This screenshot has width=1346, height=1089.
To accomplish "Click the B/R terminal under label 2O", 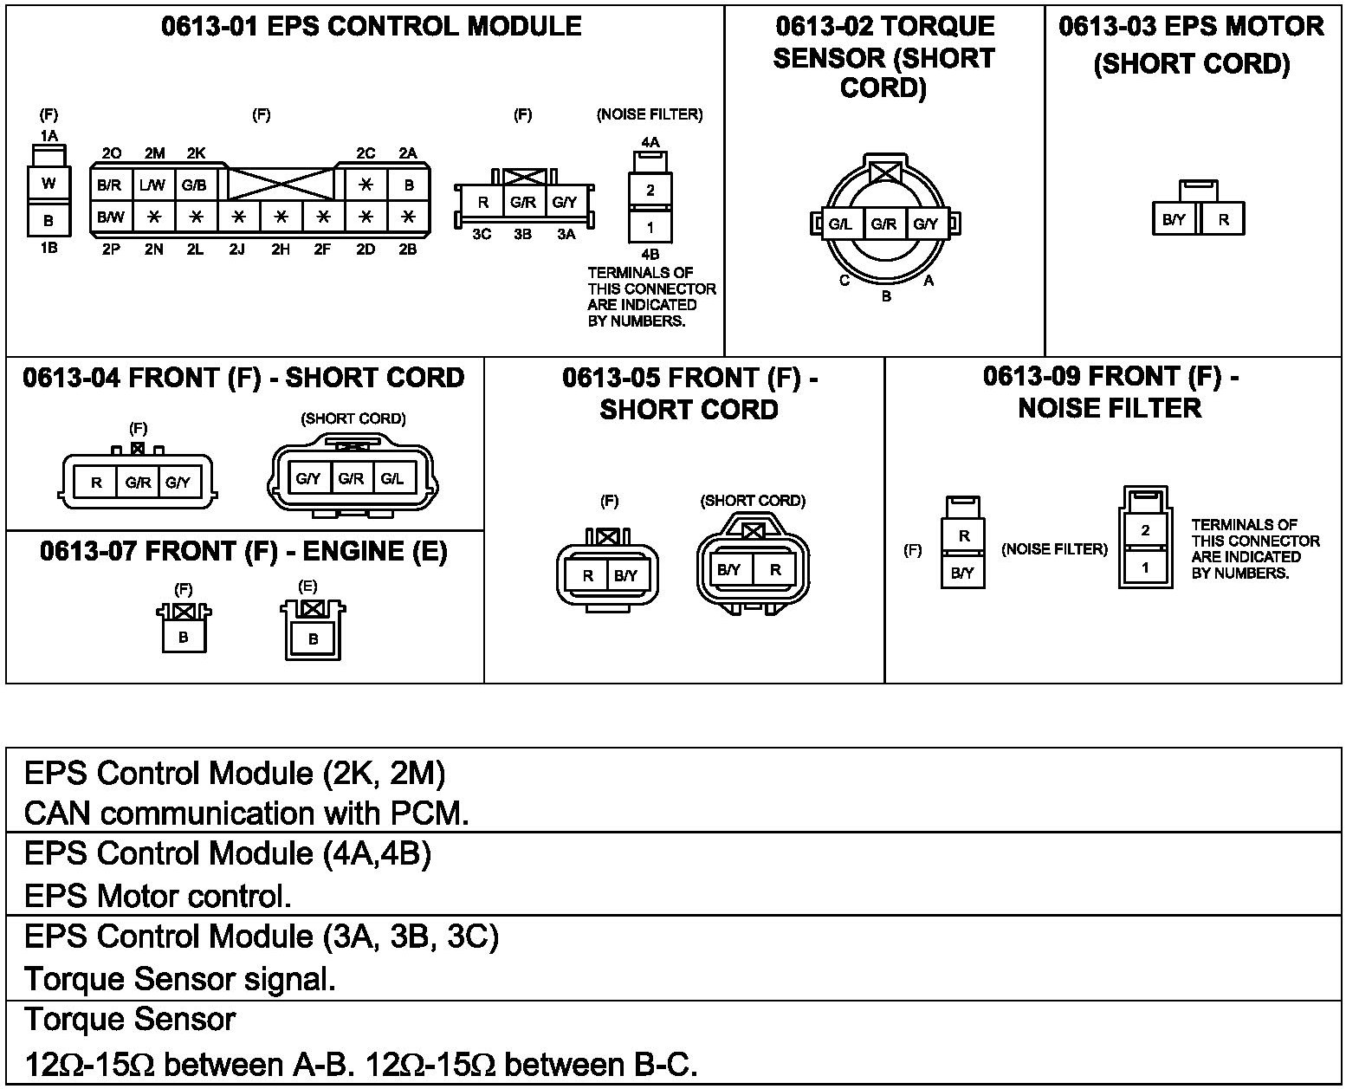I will [x=111, y=185].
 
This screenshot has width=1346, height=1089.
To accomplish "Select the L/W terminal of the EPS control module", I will [x=152, y=185].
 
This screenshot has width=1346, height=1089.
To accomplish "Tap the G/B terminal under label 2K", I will [x=194, y=185].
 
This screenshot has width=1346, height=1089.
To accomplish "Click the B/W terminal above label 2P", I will [x=111, y=217].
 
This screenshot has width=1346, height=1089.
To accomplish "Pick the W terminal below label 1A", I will [x=49, y=184].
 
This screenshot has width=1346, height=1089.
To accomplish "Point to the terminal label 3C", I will [x=482, y=235].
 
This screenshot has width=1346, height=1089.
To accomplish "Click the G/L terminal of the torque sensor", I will [x=840, y=224].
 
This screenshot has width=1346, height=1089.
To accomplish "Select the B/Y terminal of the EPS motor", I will [x=1175, y=219].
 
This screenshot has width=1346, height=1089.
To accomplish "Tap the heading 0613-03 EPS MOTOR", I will [x=1191, y=27].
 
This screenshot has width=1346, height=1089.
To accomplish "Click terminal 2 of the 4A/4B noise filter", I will [x=650, y=191].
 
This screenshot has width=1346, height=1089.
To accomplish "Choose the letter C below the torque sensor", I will [x=844, y=281].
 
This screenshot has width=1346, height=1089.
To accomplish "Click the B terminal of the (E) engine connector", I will [x=313, y=639].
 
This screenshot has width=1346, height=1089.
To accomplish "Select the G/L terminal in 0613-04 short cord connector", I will [x=392, y=478].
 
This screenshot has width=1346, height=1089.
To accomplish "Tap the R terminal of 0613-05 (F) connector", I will [x=588, y=575].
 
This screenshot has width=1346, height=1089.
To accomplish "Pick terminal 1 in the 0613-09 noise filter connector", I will [x=1145, y=567].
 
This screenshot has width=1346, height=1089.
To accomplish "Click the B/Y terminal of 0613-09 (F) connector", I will [x=963, y=573].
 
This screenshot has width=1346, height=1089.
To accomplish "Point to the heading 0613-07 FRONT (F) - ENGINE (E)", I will [x=243, y=551].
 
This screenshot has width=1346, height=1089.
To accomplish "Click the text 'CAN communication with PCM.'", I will [x=247, y=814].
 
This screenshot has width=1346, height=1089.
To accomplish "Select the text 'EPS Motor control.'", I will [x=158, y=896].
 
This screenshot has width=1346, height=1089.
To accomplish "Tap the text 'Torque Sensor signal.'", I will [x=180, y=979].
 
